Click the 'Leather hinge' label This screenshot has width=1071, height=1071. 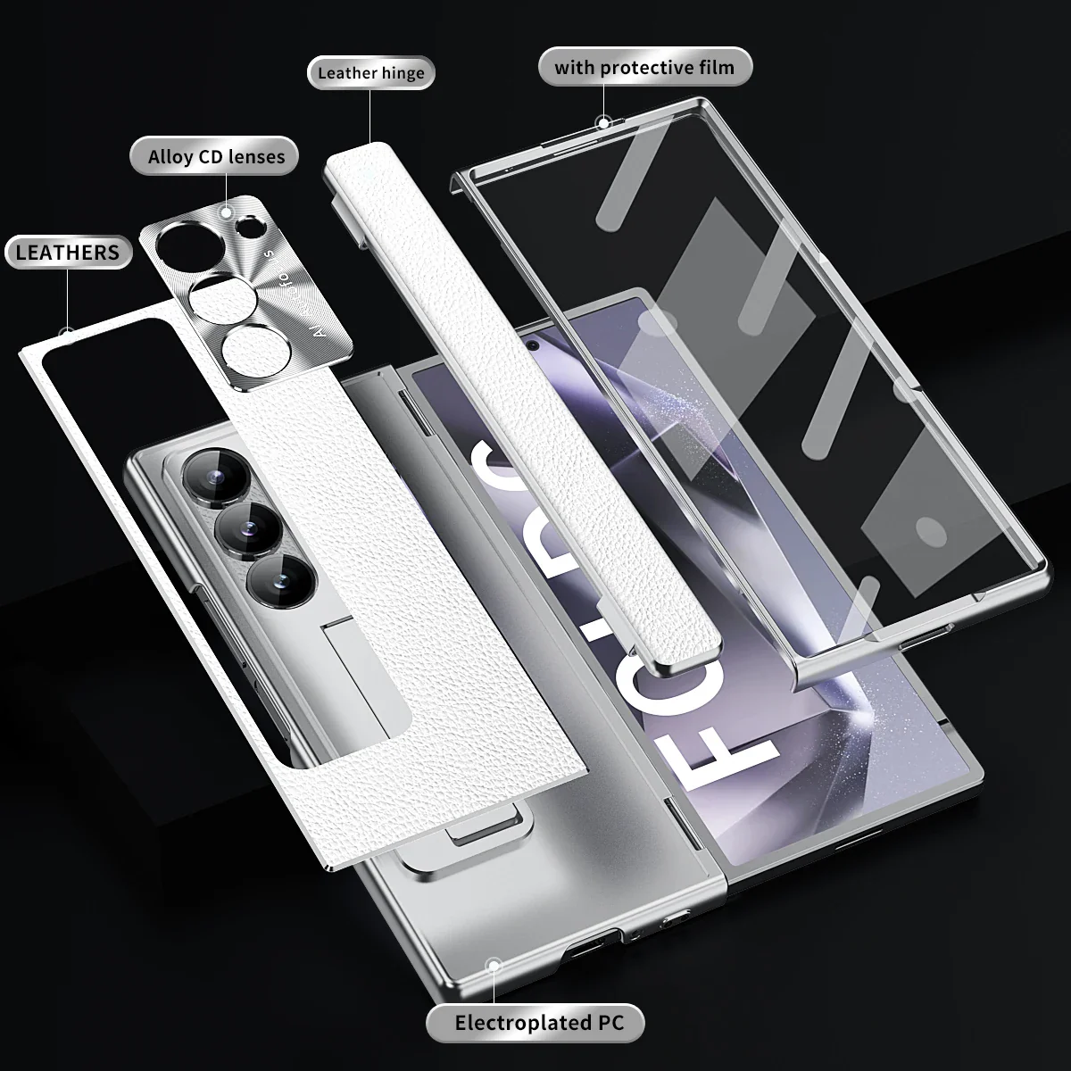[371, 72]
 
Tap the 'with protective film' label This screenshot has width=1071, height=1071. [644, 68]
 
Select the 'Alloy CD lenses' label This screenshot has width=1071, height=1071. [216, 157]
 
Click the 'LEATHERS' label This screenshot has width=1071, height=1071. [67, 253]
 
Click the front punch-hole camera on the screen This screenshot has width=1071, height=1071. [532, 345]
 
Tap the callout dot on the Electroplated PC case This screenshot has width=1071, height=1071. [491, 963]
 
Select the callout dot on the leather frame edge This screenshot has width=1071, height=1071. [66, 334]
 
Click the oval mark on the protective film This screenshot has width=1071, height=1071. [933, 533]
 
